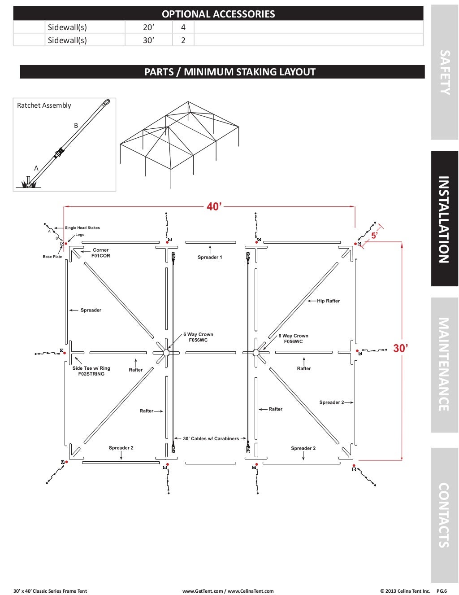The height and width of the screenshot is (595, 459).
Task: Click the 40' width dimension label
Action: (214, 207)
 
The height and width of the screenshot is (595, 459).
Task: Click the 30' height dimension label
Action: (400, 348)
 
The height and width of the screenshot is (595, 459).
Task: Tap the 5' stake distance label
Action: (374, 235)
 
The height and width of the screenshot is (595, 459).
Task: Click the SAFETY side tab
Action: (444, 72)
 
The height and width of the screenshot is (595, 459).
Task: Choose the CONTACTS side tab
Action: (444, 515)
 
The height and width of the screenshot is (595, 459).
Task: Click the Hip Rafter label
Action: (328, 301)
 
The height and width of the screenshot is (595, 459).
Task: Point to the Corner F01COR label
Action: (101, 253)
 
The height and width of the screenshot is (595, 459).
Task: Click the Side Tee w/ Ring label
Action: (91, 371)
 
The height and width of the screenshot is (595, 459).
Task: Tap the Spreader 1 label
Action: (210, 257)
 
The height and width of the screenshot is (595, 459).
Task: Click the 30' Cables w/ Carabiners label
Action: (210, 438)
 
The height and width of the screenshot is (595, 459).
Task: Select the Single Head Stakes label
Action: (82, 228)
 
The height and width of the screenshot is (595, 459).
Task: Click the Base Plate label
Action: (52, 257)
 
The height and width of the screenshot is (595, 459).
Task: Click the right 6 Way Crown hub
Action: (256, 353)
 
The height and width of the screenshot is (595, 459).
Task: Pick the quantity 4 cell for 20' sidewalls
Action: (183, 27)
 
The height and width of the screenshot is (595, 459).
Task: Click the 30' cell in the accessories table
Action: (148, 40)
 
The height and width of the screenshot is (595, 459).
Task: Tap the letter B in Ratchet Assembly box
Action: (76, 126)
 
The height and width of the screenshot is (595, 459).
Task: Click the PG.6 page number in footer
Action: (442, 591)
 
